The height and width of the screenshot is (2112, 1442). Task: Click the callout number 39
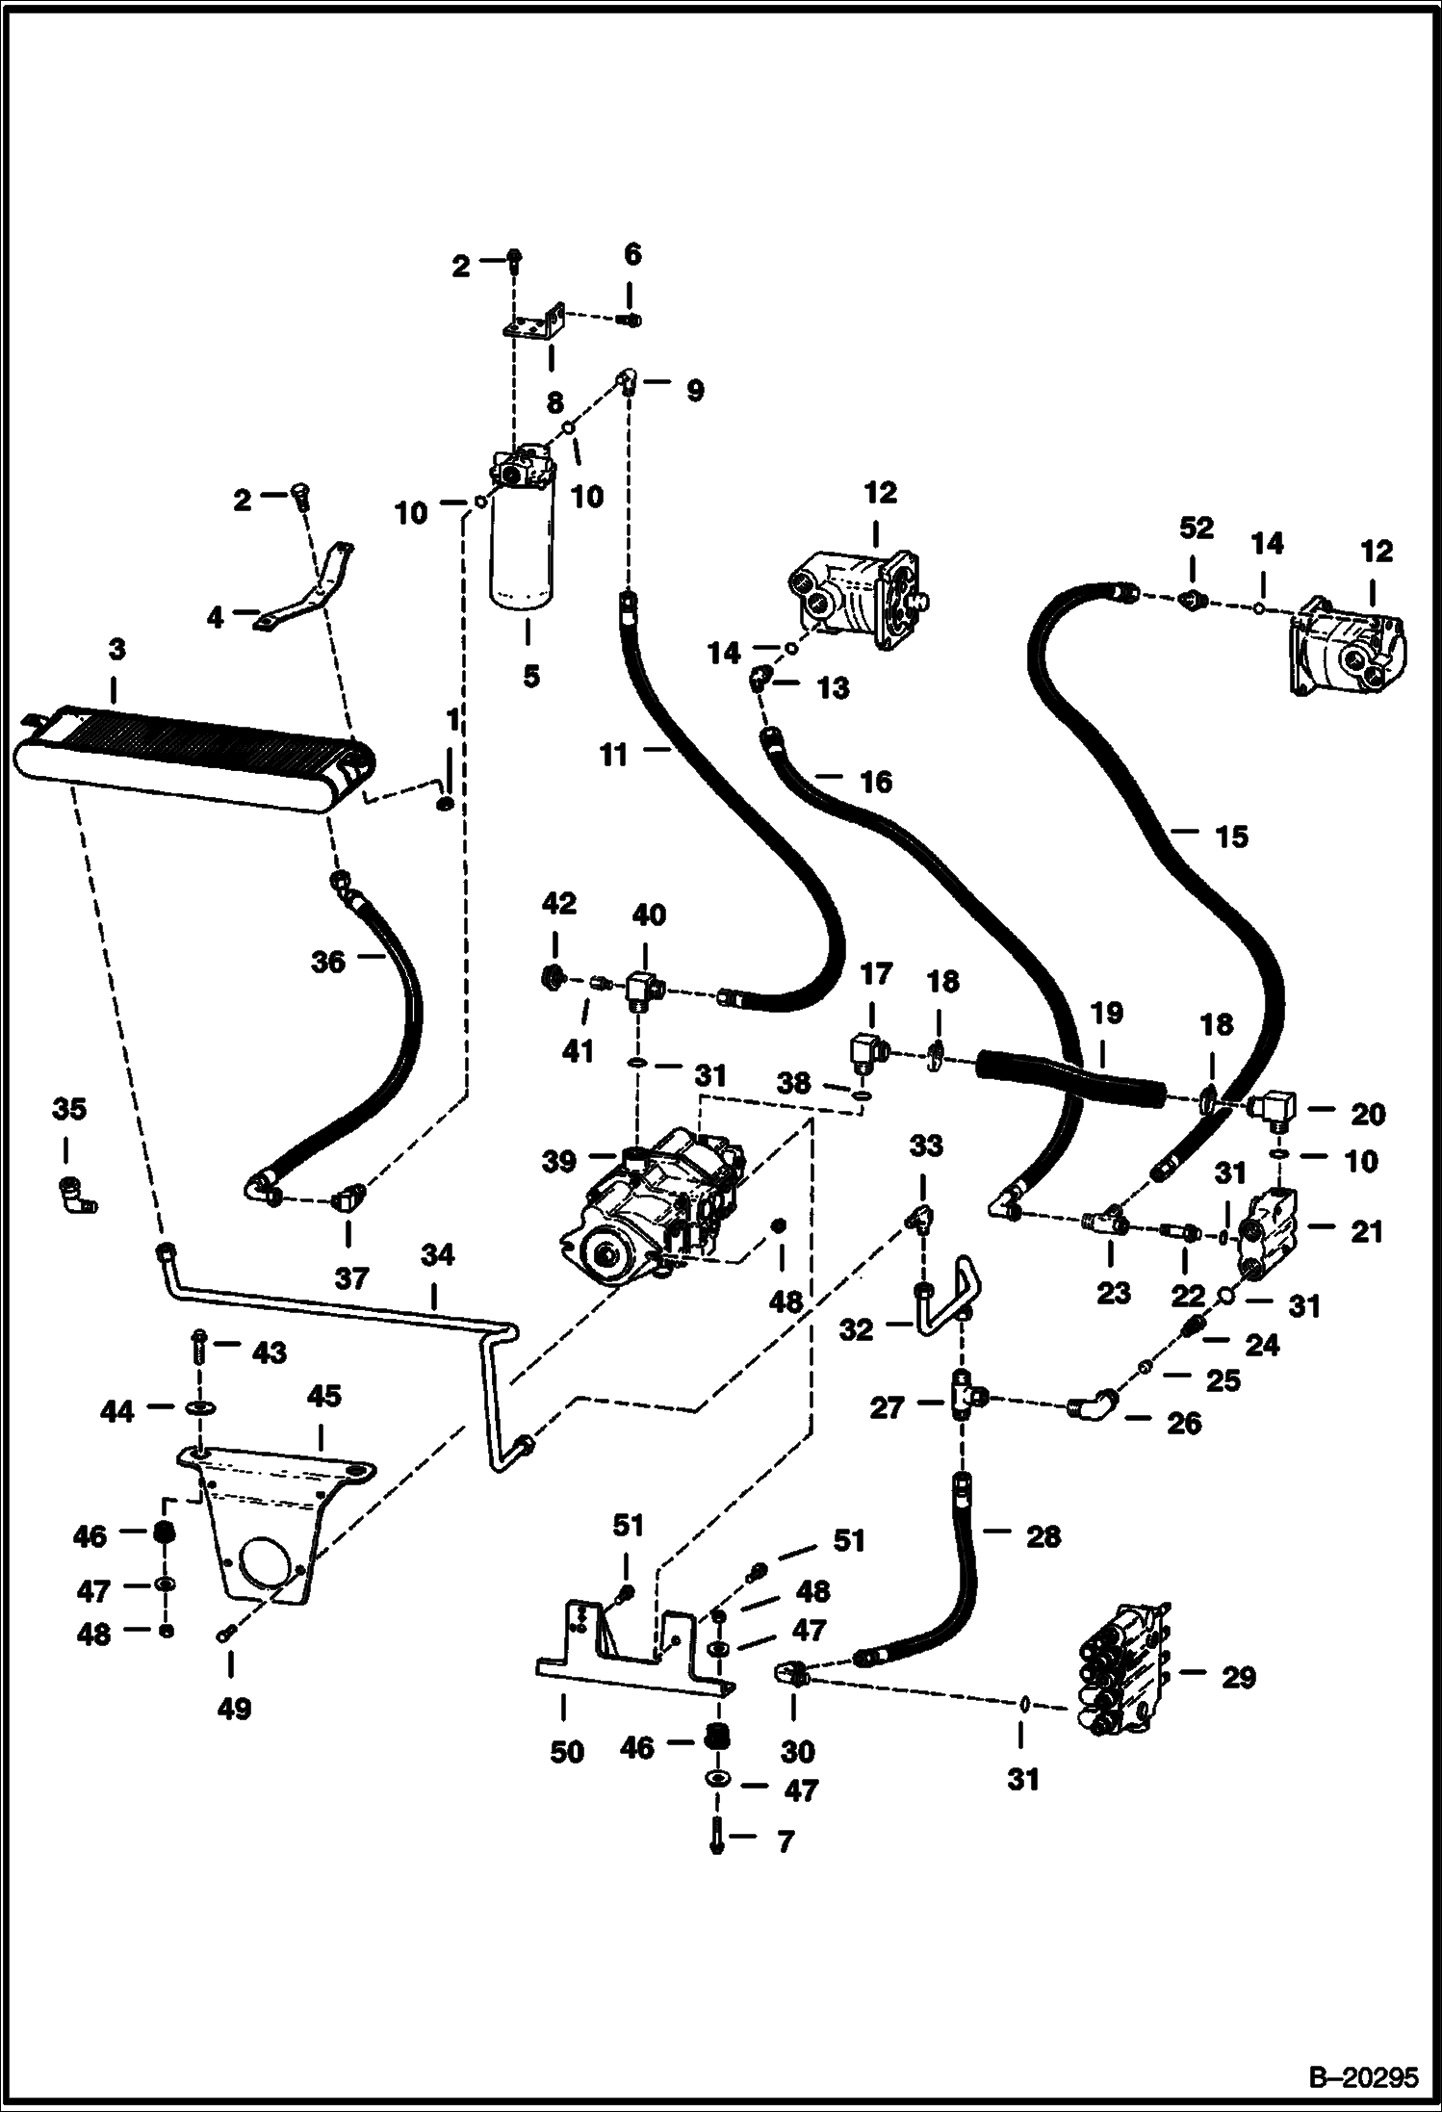click(x=558, y=1162)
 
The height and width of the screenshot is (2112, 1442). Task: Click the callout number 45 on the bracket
click(x=323, y=1396)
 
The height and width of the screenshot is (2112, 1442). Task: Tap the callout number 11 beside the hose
click(x=613, y=756)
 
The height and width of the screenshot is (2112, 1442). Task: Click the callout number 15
click(x=1231, y=837)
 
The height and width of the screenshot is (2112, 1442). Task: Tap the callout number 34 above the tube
click(x=437, y=1254)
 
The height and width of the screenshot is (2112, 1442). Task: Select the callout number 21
click(x=1366, y=1231)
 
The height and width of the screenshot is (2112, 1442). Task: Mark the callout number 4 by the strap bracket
click(x=215, y=617)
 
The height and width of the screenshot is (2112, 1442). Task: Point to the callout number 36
click(x=328, y=962)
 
